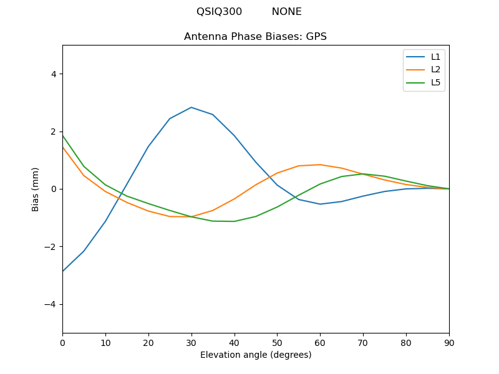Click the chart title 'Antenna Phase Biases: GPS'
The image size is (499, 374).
pos(255,37)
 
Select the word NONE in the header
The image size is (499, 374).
pos(286,12)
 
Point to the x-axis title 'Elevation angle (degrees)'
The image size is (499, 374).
pos(255,355)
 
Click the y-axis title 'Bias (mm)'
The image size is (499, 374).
pos(36,189)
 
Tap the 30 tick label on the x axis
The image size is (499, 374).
pos(191,342)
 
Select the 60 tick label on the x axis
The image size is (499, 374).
pos(320,342)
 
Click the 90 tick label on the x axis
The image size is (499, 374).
pos(449,342)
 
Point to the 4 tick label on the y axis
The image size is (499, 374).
pos(54,74)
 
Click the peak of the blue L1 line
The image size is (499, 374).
pos(191,107)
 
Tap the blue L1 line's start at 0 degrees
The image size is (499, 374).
pos(63,271)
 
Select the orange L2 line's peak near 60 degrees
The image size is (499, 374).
pos(320,165)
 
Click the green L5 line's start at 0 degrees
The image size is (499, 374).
pos(63,135)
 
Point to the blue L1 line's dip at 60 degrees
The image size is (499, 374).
pos(320,204)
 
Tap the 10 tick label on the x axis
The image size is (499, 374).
pos(105,342)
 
